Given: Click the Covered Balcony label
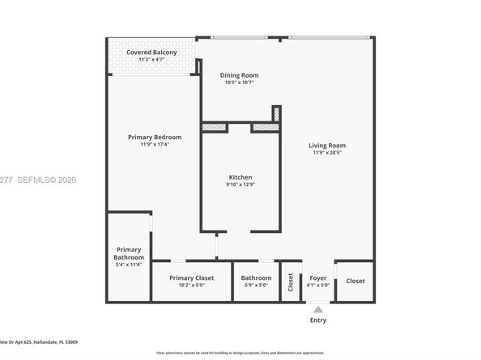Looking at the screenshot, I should point(151,52).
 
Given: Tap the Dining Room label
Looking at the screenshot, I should point(240,75).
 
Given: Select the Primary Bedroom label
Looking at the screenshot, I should point(155,137).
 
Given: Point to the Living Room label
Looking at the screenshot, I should point(327,146).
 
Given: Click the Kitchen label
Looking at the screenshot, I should point(240,177).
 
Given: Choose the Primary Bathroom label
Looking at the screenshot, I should point(129,253).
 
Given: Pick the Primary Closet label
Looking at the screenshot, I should point(192,277).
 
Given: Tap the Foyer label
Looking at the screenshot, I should point(318,277).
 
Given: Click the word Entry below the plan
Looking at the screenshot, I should point(318,320).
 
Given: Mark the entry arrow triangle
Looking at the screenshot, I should point(318,308).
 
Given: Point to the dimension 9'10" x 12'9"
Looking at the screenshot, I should point(240,184).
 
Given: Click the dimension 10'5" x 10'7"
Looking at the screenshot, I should point(240,83).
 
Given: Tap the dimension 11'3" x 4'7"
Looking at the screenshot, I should point(151,59).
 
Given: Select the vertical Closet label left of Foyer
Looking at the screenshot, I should point(290,282).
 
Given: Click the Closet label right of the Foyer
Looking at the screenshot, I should point(355,281).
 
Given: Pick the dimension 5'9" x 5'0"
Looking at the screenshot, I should point(256,285).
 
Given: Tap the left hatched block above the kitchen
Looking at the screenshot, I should point(213,127).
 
